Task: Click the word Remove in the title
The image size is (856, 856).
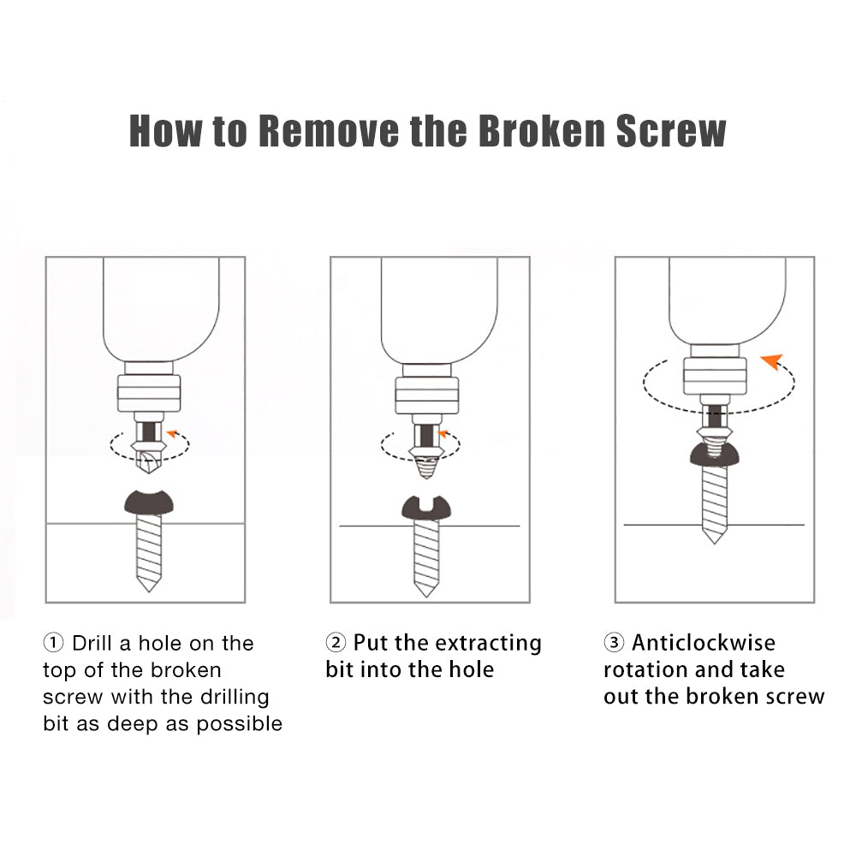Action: click(333, 131)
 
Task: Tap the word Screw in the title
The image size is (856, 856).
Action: click(671, 131)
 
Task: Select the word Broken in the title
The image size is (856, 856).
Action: click(542, 131)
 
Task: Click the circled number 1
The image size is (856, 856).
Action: click(53, 643)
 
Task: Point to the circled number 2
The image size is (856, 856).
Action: click(336, 642)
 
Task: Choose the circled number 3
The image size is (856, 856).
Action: click(614, 642)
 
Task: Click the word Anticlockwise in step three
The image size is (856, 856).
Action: click(704, 643)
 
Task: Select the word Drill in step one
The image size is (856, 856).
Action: click(92, 643)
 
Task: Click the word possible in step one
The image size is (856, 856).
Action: click(240, 724)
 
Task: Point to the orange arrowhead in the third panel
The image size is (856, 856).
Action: click(772, 361)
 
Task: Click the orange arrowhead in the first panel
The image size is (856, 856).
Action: click(173, 433)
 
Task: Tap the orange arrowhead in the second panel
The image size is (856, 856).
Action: click(443, 434)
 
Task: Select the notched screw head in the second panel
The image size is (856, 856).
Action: click(425, 508)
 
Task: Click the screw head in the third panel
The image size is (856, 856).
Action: click(714, 456)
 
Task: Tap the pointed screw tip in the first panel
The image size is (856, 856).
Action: click(148, 591)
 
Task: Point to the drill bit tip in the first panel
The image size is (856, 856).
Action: click(147, 475)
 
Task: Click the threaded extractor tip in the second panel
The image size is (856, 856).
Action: click(425, 469)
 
